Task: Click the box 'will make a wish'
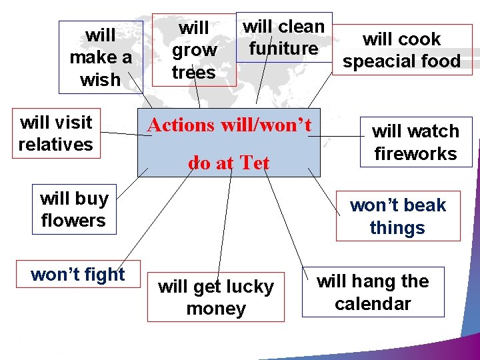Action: click(x=100, y=57)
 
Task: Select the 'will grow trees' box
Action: click(x=193, y=50)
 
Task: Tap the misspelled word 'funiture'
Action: click(x=283, y=49)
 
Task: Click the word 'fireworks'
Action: click(x=415, y=154)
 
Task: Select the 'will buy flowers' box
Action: click(x=73, y=209)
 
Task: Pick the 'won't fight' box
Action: click(x=77, y=275)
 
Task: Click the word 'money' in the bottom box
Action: click(x=216, y=309)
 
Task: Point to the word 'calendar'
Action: click(x=373, y=304)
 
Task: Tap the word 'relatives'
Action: click(x=56, y=145)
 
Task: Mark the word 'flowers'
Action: click(x=73, y=221)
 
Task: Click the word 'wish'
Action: click(x=100, y=80)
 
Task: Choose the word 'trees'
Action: click(x=193, y=72)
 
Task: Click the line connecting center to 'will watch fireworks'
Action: click(x=337, y=136)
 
